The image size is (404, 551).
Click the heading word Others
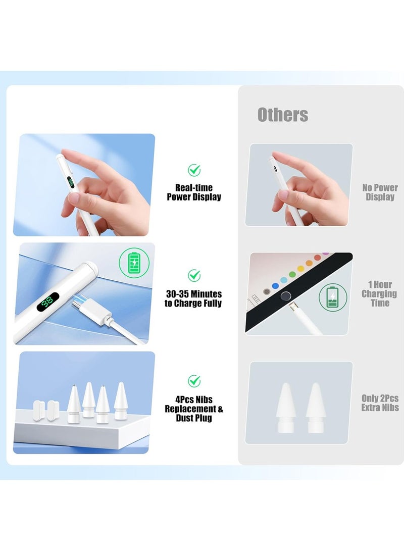[x=283, y=115]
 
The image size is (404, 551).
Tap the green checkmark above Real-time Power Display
[x=194, y=170]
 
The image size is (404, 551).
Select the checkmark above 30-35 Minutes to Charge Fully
[x=194, y=275]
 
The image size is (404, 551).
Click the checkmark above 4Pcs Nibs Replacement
[x=194, y=381]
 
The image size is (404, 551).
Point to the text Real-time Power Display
[x=194, y=192]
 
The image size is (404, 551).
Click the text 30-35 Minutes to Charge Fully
[x=194, y=298]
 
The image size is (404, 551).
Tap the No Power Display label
[x=380, y=192]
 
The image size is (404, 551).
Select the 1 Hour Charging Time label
[x=380, y=293]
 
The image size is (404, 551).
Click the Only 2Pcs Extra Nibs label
[x=380, y=403]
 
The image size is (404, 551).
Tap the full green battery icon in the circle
[x=133, y=263]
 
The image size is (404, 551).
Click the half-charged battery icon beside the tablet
[x=332, y=296]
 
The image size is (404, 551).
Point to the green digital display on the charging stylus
[x=48, y=302]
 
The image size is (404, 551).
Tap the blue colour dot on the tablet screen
[x=275, y=285]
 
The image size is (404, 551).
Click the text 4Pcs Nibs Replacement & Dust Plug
[x=194, y=409]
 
